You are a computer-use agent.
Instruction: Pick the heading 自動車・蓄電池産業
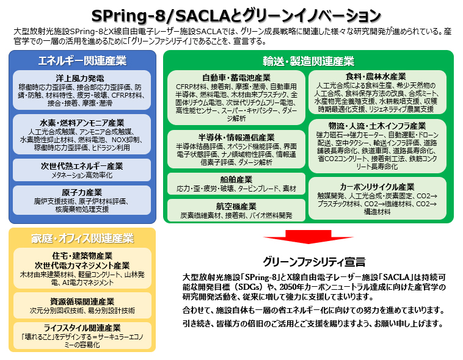236,77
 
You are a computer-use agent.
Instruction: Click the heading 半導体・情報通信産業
236,137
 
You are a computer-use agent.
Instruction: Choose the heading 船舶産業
236,180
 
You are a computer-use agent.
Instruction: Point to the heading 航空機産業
236,206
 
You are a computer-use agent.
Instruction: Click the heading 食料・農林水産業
380,76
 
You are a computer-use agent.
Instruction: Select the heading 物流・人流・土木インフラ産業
380,126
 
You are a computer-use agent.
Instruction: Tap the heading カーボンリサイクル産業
380,186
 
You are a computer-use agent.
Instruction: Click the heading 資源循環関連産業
82,301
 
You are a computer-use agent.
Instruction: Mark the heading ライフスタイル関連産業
82,328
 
